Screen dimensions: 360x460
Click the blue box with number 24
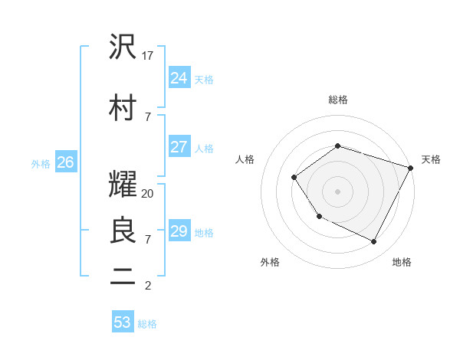click(x=179, y=78)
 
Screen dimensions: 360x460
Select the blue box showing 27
click(x=179, y=147)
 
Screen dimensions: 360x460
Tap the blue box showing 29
click(x=179, y=231)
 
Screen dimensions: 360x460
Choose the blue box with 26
click(x=65, y=162)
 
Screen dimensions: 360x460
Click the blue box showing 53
click(x=123, y=322)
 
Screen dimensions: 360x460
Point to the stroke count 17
click(x=148, y=56)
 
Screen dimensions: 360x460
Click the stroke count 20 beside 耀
click(x=148, y=194)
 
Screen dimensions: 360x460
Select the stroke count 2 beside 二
click(x=147, y=286)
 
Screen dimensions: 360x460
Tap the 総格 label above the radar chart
click(x=337, y=100)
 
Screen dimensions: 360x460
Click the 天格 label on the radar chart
click(x=431, y=159)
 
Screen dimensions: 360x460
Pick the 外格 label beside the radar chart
click(x=270, y=263)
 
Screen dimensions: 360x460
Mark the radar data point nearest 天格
click(x=411, y=168)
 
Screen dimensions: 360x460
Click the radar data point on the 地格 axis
click(x=374, y=241)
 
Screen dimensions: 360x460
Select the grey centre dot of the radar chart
click(x=337, y=191)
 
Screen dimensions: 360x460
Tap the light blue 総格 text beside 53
click(x=147, y=324)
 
